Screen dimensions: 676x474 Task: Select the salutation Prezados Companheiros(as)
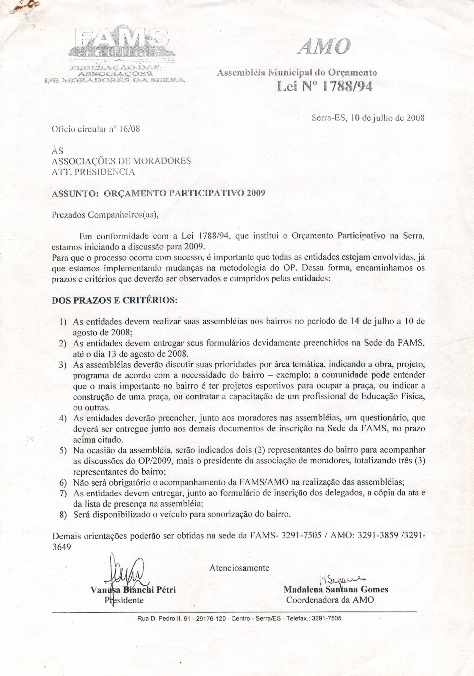pyautogui.click(x=105, y=215)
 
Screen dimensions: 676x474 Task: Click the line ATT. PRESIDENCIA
pyautogui.click(x=93, y=172)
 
